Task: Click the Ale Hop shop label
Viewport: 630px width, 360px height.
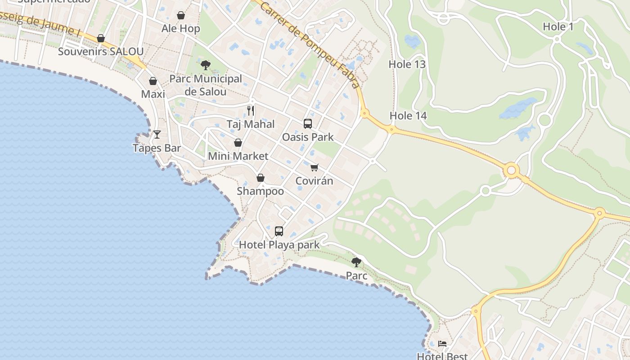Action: [x=180, y=29]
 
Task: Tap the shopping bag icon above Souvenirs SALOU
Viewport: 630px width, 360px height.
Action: [x=101, y=38]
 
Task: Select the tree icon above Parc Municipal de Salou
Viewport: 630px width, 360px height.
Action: [x=206, y=65]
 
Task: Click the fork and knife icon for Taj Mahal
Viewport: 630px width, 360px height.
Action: [x=251, y=110]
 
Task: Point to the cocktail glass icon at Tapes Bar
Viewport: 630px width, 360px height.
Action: [x=157, y=134]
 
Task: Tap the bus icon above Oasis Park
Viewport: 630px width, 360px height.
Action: [x=308, y=123]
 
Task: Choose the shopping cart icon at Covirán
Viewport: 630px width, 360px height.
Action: [x=314, y=167]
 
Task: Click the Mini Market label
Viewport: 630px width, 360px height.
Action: [x=238, y=156]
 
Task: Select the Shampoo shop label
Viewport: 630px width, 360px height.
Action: [x=260, y=191]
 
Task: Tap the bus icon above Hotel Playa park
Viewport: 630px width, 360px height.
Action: [x=279, y=231]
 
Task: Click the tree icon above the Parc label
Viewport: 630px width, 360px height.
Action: [x=356, y=262]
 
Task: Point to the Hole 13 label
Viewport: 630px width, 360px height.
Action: [x=407, y=64]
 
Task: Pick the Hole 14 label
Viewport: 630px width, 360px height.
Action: [x=408, y=116]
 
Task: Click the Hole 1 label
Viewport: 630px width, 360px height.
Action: [x=558, y=27]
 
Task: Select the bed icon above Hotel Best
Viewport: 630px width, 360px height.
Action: [x=442, y=344]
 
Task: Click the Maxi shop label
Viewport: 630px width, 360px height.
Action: [x=153, y=94]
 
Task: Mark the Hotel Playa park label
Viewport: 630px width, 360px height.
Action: [x=279, y=245]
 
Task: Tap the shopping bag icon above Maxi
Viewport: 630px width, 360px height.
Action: [x=153, y=81]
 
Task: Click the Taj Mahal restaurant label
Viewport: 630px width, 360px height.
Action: [x=250, y=124]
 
